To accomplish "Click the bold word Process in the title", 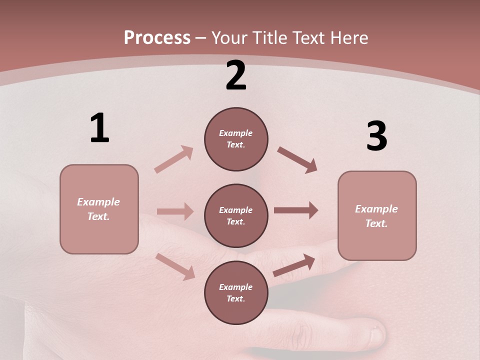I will [x=157, y=38].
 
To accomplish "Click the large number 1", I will [x=99, y=128].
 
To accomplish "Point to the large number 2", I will [x=236, y=76].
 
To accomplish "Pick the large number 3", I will [x=376, y=136].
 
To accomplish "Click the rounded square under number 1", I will [x=99, y=209].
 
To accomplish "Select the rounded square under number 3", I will [x=377, y=216].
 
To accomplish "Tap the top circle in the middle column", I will [x=236, y=139].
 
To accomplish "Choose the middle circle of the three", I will [x=236, y=216].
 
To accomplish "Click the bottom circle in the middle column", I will [x=236, y=293].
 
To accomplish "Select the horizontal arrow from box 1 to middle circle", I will [x=175, y=211].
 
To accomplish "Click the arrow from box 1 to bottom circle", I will [x=175, y=266].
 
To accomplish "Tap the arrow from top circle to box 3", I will [x=297, y=160].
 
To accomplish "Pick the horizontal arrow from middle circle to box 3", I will [x=296, y=210].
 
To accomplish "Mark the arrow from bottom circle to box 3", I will [x=294, y=265].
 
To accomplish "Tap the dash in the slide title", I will [x=201, y=38].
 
